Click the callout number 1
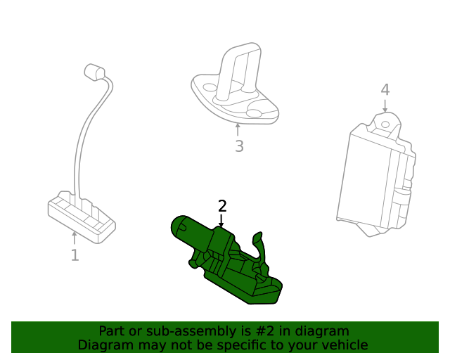click(75, 255)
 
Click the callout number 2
click(222, 206)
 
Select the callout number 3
click(239, 146)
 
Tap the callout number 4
click(385, 90)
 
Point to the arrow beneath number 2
click(221, 220)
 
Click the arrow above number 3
click(238, 130)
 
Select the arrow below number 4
click(385, 105)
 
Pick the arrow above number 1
click(75, 238)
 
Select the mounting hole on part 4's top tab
click(385, 124)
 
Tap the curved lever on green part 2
click(262, 246)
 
